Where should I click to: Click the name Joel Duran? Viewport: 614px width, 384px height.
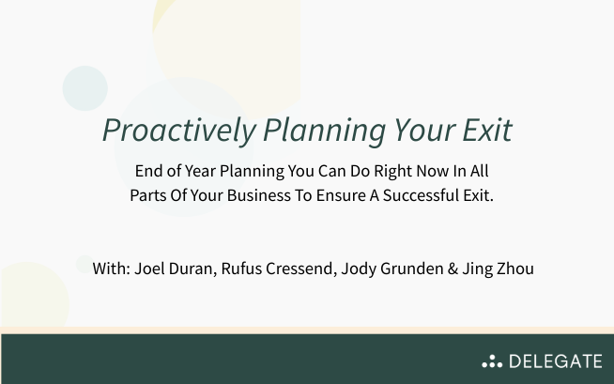(173, 269)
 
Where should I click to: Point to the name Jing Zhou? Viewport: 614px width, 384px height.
(499, 269)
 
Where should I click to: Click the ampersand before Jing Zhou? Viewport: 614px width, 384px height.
(453, 269)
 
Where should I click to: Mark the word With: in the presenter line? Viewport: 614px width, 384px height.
(112, 269)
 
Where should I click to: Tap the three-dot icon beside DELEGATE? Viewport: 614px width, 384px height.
(492, 361)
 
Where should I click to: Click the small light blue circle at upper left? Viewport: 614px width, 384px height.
(85, 88)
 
